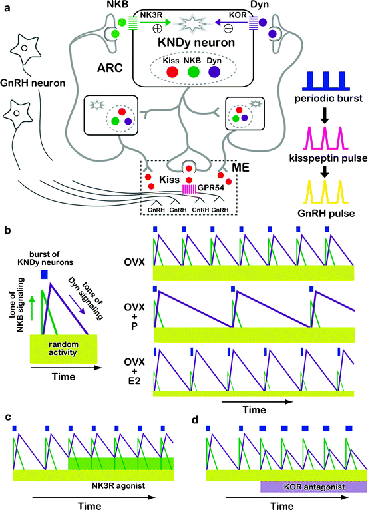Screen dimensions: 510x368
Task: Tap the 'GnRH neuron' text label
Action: point(32,83)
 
